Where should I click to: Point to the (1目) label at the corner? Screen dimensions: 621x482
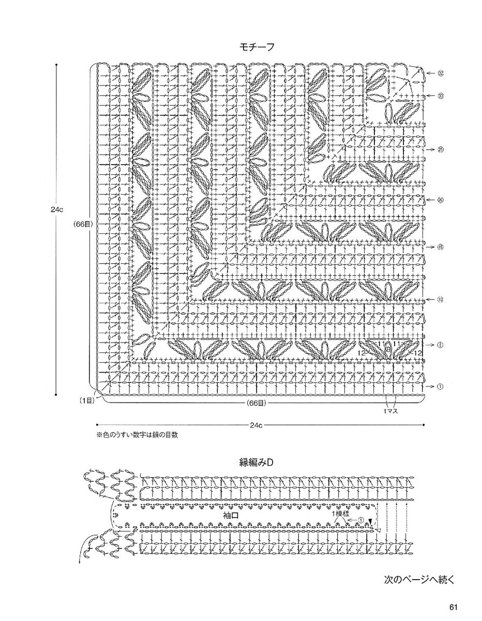pyautogui.click(x=86, y=400)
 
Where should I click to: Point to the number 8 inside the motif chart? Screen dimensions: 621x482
pyautogui.click(x=387, y=349)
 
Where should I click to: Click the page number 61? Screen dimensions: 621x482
pyautogui.click(x=454, y=608)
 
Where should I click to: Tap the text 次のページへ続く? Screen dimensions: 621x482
pyautogui.click(x=419, y=579)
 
